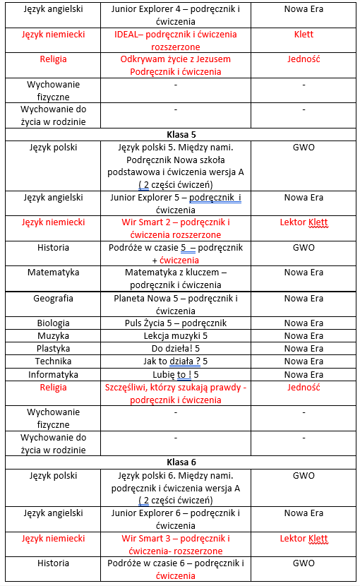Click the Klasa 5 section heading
(181, 134)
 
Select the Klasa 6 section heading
(181, 462)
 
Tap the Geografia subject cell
(54, 298)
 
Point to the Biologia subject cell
(54, 323)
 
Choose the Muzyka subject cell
(54, 336)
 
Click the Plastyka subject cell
(54, 349)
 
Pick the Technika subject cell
(54, 361)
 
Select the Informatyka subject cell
(54, 374)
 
